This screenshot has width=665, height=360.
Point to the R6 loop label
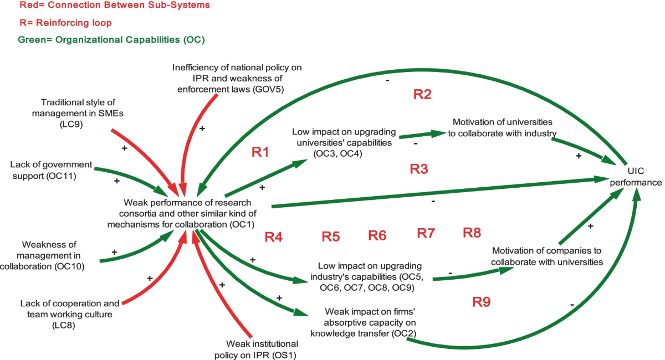tap(377, 235)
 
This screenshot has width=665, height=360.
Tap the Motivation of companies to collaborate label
tap(547, 256)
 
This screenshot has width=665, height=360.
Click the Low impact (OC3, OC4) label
tap(344, 143)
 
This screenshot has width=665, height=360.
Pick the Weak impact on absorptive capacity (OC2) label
tap(363, 322)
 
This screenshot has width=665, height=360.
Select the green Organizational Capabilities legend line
tap(111, 40)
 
